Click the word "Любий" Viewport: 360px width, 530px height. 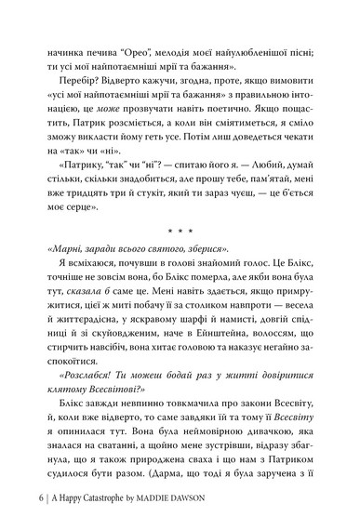(267, 178)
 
